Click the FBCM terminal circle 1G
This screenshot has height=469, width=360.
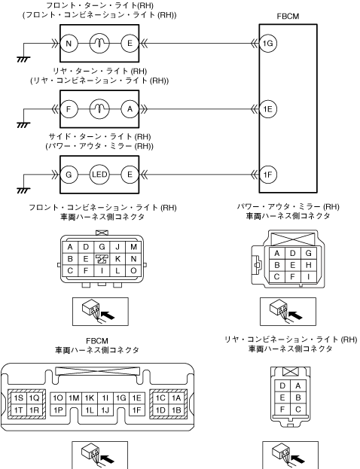click(268, 44)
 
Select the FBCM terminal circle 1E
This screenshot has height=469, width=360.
click(268, 109)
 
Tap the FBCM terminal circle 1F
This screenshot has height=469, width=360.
click(268, 175)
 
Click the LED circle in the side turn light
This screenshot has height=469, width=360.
click(99, 175)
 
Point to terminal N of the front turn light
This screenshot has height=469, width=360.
click(69, 44)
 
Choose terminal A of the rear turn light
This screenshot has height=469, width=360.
click(130, 109)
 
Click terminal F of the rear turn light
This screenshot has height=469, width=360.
click(69, 109)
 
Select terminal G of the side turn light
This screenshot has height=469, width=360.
click(69, 175)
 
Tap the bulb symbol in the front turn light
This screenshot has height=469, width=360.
click(99, 44)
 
